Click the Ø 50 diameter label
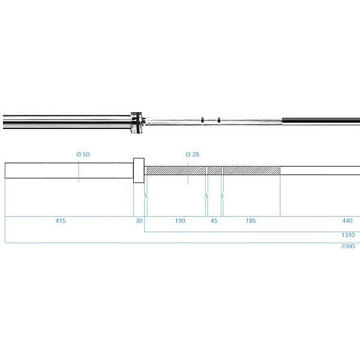(x=83, y=154)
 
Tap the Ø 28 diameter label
(x=192, y=154)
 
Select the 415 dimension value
(x=61, y=221)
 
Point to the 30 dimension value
(x=139, y=221)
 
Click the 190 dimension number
(x=180, y=221)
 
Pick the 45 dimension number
(x=214, y=221)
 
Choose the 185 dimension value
(x=251, y=221)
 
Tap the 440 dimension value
(x=347, y=221)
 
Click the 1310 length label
(x=348, y=235)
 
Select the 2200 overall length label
(x=348, y=247)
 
